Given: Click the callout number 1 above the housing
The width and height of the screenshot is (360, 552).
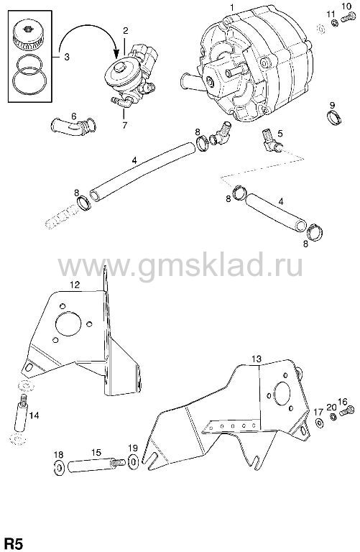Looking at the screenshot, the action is click(x=232, y=6).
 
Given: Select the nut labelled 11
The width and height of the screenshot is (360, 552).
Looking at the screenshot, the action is click(x=335, y=23).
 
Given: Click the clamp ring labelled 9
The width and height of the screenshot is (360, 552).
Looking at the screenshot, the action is click(x=333, y=118).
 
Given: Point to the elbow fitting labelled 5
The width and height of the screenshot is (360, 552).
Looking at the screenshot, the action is click(x=272, y=141).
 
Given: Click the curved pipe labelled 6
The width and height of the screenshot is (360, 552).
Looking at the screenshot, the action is click(x=73, y=126).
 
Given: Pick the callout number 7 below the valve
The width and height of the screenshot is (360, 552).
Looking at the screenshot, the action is click(x=124, y=125).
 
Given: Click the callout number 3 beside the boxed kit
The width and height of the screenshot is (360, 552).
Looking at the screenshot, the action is click(x=67, y=57).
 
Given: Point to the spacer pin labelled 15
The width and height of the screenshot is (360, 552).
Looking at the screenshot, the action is click(x=96, y=466).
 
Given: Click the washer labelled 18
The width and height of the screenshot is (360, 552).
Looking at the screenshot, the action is click(x=58, y=467).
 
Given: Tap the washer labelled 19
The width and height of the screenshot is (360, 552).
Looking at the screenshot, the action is click(x=134, y=462).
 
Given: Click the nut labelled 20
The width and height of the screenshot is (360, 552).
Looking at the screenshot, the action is click(x=331, y=417).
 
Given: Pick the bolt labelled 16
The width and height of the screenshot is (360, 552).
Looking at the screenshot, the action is click(x=346, y=410).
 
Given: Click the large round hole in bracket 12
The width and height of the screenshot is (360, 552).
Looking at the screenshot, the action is click(x=68, y=323).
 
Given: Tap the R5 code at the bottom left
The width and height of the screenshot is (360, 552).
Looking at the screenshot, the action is click(x=12, y=544).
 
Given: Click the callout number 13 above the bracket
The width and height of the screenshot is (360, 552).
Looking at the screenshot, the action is click(x=257, y=359).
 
